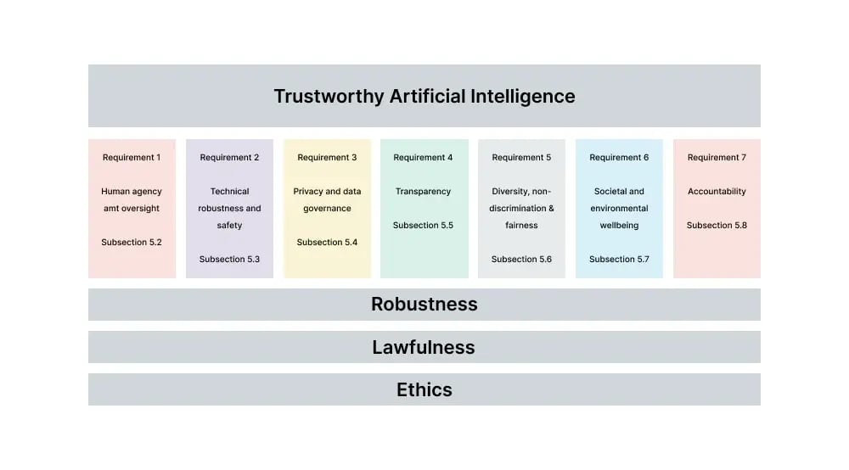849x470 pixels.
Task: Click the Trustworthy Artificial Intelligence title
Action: tap(424, 97)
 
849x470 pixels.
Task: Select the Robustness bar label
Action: tap(424, 305)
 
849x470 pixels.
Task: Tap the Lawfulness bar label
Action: tap(424, 347)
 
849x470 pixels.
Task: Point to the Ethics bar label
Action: tap(424, 390)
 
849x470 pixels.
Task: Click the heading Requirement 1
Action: tap(132, 158)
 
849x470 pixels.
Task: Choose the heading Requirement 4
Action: tap(423, 158)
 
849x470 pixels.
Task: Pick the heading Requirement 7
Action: tap(717, 158)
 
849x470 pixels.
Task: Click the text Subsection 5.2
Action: tap(132, 243)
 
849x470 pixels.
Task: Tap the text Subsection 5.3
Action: tap(229, 260)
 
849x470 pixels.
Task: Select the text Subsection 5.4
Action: tap(327, 243)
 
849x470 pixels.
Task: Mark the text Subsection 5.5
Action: tap(423, 226)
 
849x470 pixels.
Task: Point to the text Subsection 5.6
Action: tap(521, 260)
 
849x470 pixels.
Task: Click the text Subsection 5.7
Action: tap(619, 260)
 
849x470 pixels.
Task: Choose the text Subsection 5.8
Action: tap(717, 226)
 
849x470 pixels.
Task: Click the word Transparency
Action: tap(423, 192)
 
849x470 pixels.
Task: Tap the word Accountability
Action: tap(717, 192)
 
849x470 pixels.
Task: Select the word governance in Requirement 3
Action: tap(327, 209)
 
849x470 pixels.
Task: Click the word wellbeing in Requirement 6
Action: tap(619, 226)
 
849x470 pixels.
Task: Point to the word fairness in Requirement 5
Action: tap(521, 226)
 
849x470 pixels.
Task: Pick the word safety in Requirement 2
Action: tap(229, 226)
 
